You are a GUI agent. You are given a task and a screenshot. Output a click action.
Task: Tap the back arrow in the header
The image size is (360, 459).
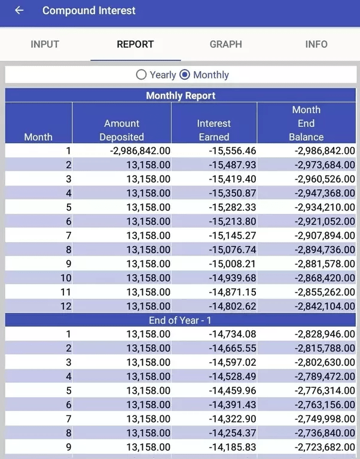[19, 11]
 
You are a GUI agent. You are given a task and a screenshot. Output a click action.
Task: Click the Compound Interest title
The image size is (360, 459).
[89, 11]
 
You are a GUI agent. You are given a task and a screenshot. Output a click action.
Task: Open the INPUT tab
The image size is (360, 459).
[45, 44]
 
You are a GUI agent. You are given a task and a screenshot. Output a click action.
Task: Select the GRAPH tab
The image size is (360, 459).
[226, 44]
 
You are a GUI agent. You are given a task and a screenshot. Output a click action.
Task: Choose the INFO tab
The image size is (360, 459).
[316, 44]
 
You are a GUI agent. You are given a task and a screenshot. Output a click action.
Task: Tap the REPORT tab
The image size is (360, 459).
[135, 44]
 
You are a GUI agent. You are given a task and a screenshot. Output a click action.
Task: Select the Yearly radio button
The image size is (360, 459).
[141, 75]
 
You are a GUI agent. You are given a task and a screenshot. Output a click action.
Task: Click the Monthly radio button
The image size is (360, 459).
[185, 75]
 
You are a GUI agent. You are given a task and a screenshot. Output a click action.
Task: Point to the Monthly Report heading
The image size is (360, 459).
[181, 95]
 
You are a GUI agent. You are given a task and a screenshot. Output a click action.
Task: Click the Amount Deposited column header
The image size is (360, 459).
[121, 130]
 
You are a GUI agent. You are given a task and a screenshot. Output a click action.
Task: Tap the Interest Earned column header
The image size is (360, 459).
[213, 130]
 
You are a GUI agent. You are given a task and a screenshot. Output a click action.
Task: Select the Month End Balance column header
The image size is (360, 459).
[306, 123]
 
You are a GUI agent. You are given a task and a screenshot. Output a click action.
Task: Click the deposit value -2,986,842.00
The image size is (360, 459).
[140, 151]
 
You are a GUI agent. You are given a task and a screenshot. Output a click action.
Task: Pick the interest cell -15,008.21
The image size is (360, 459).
[233, 264]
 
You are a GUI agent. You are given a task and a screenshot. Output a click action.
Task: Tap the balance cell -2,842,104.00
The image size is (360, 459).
[325, 306]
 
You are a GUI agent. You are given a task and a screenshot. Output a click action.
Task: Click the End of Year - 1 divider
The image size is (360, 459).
[180, 320]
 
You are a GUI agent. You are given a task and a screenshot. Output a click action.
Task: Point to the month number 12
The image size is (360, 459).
[66, 306]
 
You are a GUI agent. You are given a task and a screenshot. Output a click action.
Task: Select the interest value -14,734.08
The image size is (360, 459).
[233, 334]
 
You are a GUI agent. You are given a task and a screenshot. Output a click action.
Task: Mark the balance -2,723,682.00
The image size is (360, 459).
[325, 447]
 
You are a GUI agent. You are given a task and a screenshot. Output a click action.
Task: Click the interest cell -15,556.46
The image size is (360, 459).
[233, 151]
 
